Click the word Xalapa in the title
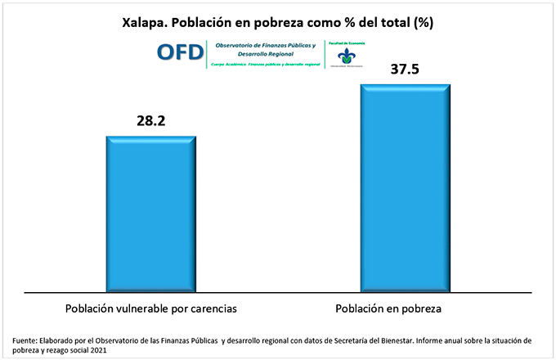coord(144,23)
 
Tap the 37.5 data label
coord(405,70)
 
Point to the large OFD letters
coord(182,52)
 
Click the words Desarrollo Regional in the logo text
coord(262,54)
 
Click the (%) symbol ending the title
coord(423,23)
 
